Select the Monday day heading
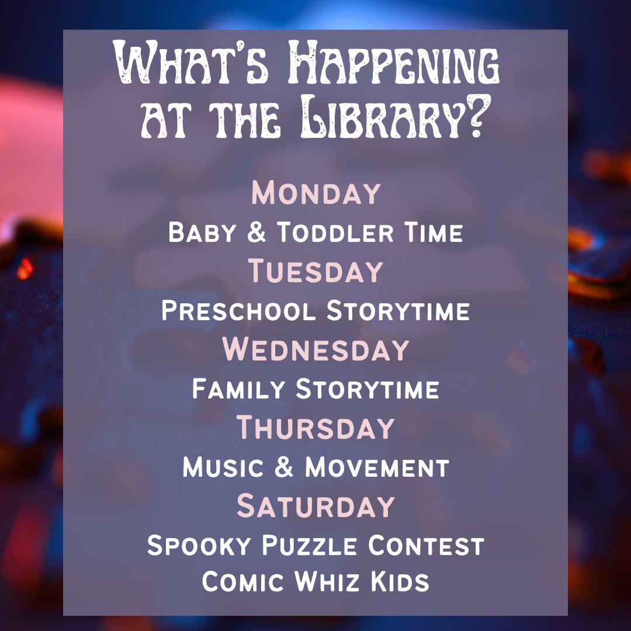[315, 194]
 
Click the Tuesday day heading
[315, 272]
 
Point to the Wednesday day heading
[315, 349]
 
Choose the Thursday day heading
[315, 428]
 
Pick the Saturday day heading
[315, 506]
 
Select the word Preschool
[238, 311]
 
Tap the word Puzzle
[310, 546]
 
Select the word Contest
[425, 546]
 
